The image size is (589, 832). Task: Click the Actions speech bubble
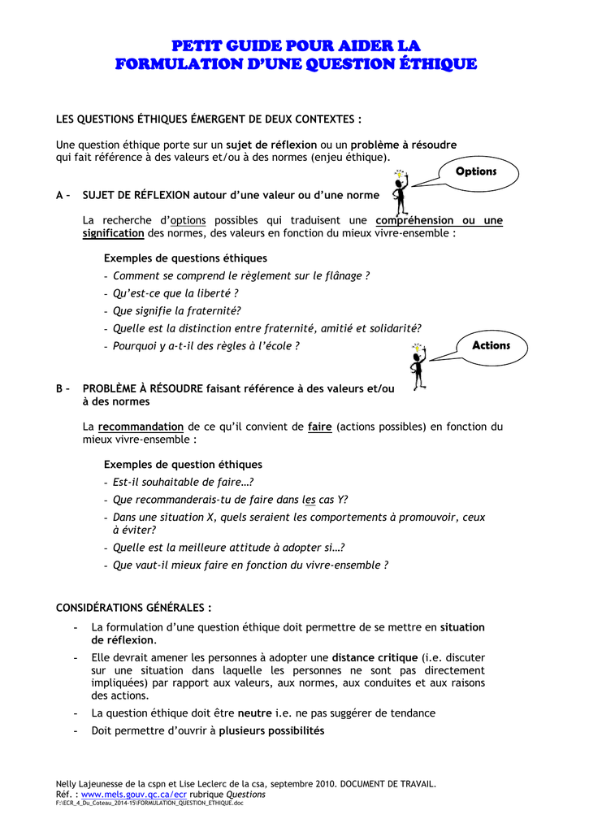(x=491, y=346)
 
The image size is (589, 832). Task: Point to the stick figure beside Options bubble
(x=400, y=191)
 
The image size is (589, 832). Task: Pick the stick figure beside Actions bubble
(x=418, y=365)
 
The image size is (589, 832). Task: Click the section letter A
(x=59, y=195)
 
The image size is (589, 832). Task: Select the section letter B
(x=59, y=389)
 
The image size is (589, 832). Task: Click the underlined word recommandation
(x=141, y=427)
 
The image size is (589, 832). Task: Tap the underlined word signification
(x=113, y=233)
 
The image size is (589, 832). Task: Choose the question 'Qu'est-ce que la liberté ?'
(x=175, y=293)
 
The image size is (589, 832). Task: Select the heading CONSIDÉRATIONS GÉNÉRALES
(x=133, y=608)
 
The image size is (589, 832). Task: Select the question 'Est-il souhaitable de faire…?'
(x=183, y=482)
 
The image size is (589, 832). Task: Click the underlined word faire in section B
(x=320, y=427)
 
